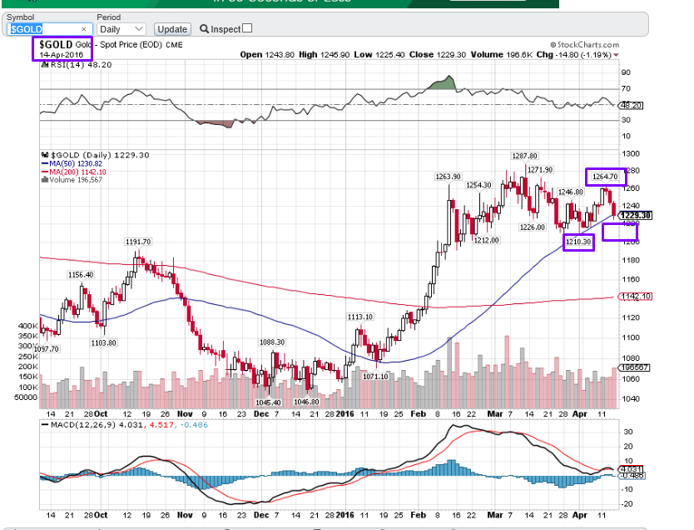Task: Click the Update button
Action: click(173, 29)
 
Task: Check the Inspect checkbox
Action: click(246, 28)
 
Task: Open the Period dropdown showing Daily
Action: click(121, 29)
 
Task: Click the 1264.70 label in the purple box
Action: click(604, 177)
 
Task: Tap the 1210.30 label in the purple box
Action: click(578, 242)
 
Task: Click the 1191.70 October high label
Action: click(138, 242)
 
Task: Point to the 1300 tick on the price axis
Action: click(629, 154)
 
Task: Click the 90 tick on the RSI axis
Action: click(625, 72)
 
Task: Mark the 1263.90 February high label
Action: click(448, 176)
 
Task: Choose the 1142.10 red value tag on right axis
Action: click(630, 296)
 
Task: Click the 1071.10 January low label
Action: click(376, 376)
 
